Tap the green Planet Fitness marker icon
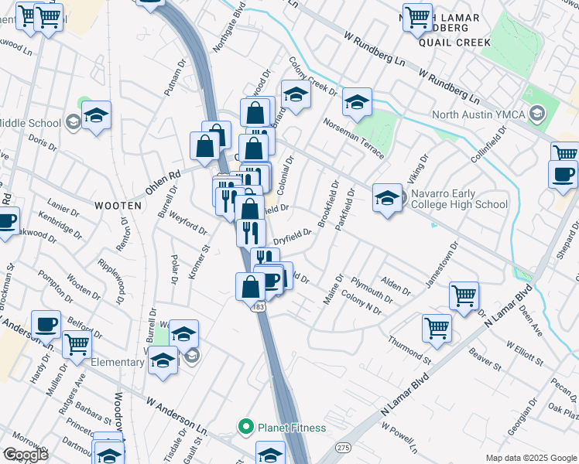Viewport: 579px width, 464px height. (246, 426)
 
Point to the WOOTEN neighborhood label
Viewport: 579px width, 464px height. (118, 206)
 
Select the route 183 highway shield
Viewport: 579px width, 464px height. (259, 308)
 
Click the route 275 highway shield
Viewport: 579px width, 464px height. (343, 448)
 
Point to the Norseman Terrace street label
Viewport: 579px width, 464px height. (354, 138)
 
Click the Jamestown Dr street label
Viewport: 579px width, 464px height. (441, 265)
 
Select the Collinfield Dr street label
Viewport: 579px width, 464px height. (488, 143)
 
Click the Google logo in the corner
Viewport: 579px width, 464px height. (25, 455)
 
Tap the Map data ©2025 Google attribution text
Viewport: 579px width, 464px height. (531, 458)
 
